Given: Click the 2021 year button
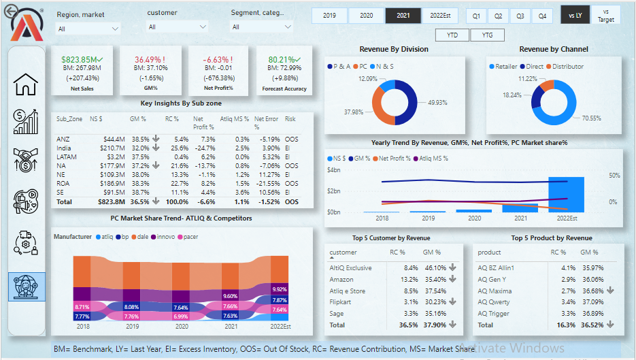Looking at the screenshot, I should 403,16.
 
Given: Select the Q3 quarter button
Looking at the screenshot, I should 520,16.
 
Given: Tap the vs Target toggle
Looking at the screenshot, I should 605,16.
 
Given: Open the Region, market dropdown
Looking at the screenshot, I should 88,29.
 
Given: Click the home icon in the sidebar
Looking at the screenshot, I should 26,84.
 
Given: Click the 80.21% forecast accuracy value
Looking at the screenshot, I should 282,60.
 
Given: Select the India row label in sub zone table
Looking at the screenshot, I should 64,148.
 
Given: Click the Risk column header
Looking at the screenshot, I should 290,119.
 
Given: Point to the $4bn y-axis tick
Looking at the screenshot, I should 333,170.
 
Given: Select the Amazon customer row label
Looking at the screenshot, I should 341,280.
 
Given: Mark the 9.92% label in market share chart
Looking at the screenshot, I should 280,289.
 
